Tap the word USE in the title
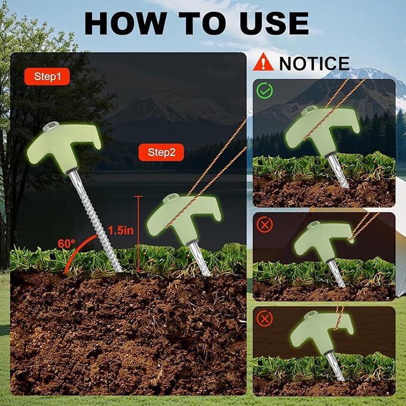click(274, 23)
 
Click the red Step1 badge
click(47, 77)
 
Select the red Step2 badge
click(161, 152)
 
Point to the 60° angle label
click(66, 243)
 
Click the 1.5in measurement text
click(121, 230)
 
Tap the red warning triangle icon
click(263, 62)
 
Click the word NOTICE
click(315, 63)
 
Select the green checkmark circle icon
click(264, 90)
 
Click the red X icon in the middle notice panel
click(264, 225)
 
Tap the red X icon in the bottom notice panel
click(264, 319)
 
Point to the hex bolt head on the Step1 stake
click(51, 126)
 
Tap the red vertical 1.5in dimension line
click(139, 234)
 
